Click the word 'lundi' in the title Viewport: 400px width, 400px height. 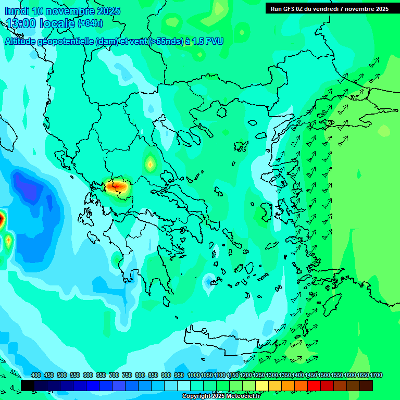tap(17, 11)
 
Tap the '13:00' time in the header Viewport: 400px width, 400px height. tap(21, 23)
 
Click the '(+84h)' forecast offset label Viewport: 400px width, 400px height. tap(90, 23)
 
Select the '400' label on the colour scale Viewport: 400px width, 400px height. tap(36, 375)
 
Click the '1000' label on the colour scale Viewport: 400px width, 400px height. tap(193, 375)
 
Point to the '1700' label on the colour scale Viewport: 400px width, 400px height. tap(376, 375)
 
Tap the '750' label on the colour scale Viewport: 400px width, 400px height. tap(127, 375)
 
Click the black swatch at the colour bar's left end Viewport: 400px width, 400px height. tap(28, 385)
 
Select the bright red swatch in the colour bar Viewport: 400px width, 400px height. tap(314, 385)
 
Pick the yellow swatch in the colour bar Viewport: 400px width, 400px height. tap(262, 385)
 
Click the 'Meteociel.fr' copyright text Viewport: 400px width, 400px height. tap(240, 396)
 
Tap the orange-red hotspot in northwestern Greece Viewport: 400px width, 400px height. tap(116, 185)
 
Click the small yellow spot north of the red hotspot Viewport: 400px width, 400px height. tap(150, 164)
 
